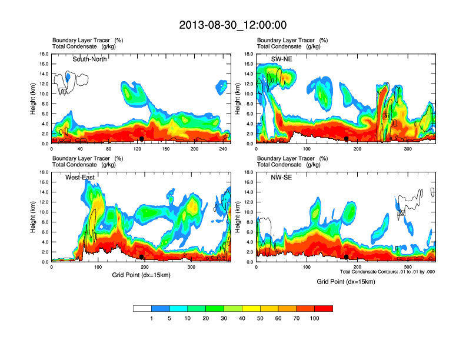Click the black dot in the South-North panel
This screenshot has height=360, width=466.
tap(141, 139)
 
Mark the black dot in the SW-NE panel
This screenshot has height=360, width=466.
tap(347, 139)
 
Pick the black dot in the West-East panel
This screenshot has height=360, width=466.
tap(141, 257)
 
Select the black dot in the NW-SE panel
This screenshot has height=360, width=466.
tap(347, 257)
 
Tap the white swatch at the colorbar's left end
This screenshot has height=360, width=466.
tap(142, 308)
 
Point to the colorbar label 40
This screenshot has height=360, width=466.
tap(242, 318)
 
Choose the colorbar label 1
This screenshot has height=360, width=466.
tap(151, 318)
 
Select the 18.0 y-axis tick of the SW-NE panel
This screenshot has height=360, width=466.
tap(249, 54)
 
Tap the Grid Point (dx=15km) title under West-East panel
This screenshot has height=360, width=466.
tap(141, 275)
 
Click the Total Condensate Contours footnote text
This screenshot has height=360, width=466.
tap(387, 272)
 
